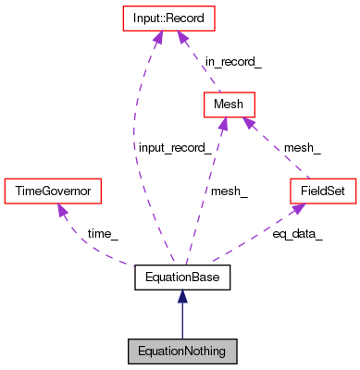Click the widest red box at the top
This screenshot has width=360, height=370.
pyautogui.click(x=168, y=18)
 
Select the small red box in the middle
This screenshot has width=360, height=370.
pyautogui.click(x=229, y=105)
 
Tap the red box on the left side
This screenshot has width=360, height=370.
pyautogui.click(x=52, y=191)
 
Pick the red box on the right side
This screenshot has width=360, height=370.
pyautogui.click(x=323, y=191)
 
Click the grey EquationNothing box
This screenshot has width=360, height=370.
pyautogui.click(x=182, y=351)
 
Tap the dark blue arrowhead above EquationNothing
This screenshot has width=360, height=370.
pyautogui.click(x=182, y=296)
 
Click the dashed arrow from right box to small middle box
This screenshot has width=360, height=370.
pyautogui.click(x=277, y=149)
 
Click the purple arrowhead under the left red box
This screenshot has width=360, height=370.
pyautogui.click(x=62, y=211)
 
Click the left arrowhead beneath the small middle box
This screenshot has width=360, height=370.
pyautogui.click(x=223, y=125)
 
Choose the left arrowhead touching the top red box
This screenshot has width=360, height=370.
pyautogui.click(x=158, y=37)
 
